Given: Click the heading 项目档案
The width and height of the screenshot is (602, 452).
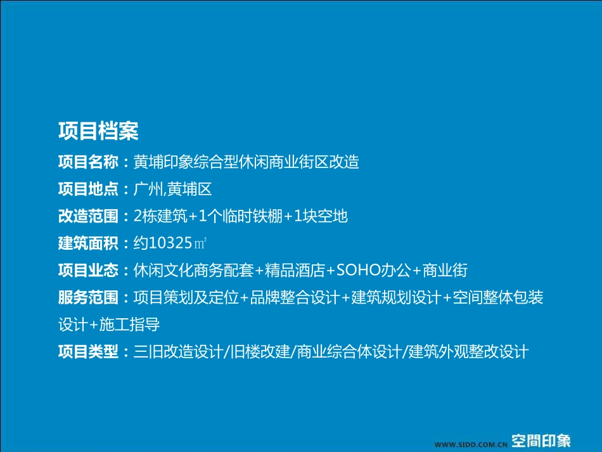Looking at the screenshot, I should click(x=98, y=131).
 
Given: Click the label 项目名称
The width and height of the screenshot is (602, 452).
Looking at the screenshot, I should click(x=88, y=162).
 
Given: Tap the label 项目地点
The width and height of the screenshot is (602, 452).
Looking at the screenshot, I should click(x=88, y=190).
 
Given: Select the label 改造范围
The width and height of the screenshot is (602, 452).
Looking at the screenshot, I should click(x=88, y=217).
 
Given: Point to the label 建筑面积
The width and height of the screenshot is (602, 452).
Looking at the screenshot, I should click(x=88, y=243).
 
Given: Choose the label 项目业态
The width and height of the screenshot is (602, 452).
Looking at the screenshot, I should click(x=88, y=271).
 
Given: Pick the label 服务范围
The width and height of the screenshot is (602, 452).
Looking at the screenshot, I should click(x=88, y=298).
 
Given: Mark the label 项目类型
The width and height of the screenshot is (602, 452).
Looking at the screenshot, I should click(x=88, y=352).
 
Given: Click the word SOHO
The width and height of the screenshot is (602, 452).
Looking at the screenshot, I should click(x=357, y=271).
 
